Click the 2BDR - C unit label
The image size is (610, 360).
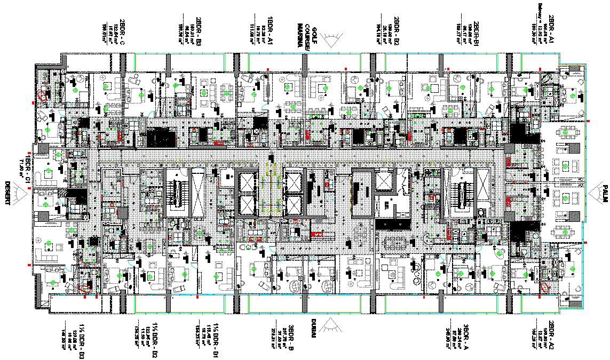click(x=122, y=32)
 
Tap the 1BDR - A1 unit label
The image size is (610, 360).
click(x=271, y=30)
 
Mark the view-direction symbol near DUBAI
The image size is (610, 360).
click(x=331, y=325)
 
